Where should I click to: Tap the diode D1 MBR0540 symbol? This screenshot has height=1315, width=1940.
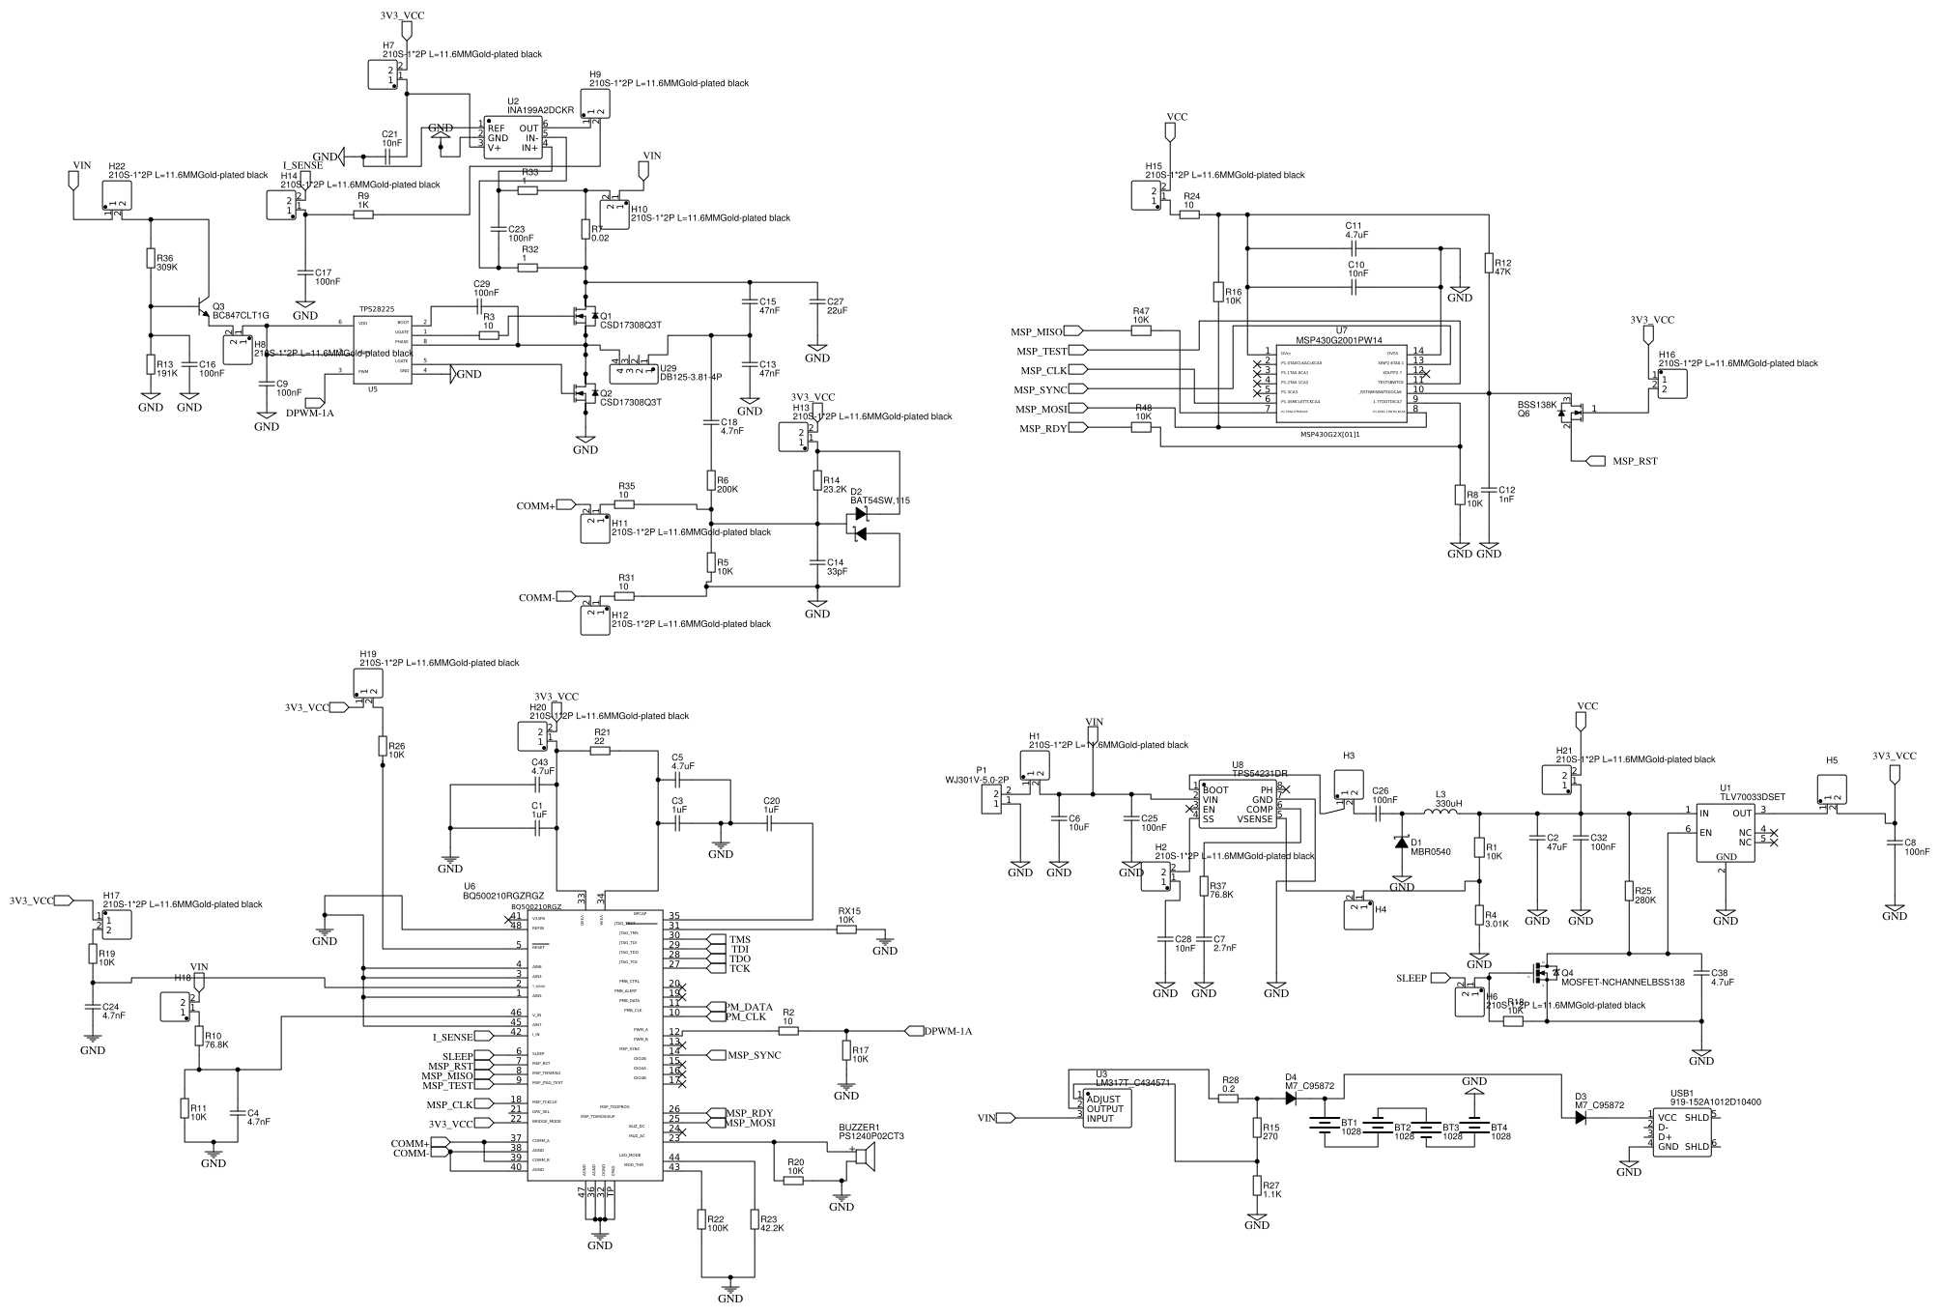pyautogui.click(x=1402, y=843)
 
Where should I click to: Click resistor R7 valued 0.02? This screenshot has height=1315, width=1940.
pyautogui.click(x=585, y=229)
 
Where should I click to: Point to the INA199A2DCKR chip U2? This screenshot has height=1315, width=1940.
pyautogui.click(x=513, y=137)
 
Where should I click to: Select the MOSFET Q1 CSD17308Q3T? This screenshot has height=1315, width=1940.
pyautogui.click(x=583, y=316)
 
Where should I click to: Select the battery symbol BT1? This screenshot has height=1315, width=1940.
pyautogui.click(x=1324, y=1126)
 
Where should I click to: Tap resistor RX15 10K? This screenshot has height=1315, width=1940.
pyautogui.click(x=845, y=930)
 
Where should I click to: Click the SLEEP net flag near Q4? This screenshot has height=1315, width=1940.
pyautogui.click(x=1441, y=978)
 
